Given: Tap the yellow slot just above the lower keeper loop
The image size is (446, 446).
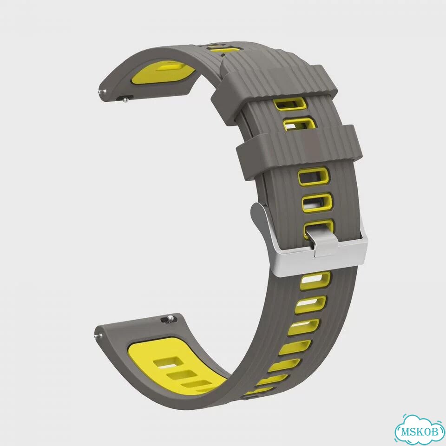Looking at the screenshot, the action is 299,125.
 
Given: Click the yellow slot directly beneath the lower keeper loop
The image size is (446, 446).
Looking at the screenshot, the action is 314,177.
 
